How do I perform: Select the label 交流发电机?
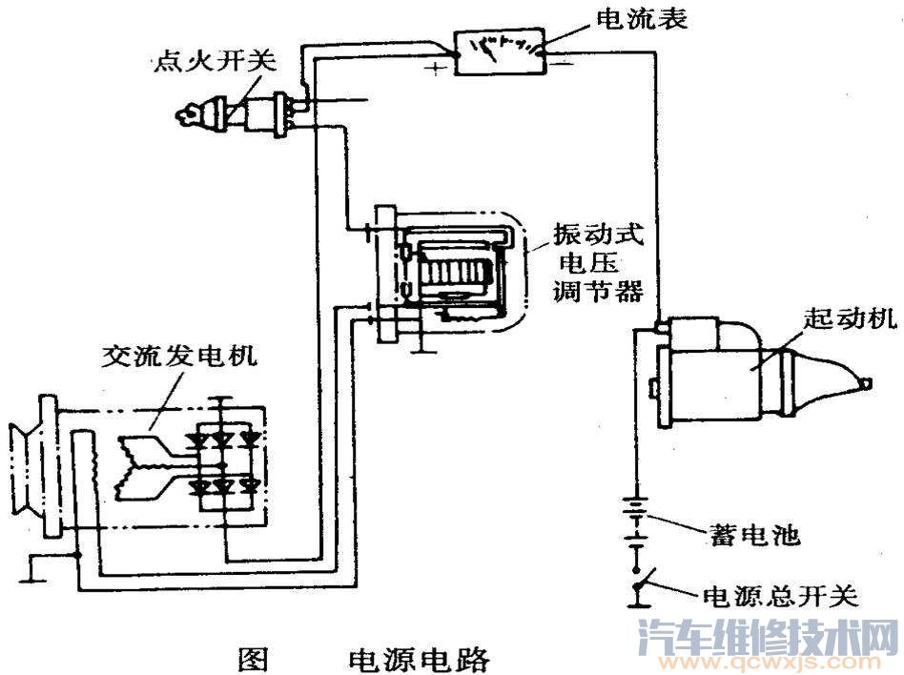[180, 358]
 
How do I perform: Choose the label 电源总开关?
[780, 597]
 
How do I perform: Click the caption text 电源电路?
[420, 658]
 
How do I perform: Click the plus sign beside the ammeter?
[436, 70]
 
